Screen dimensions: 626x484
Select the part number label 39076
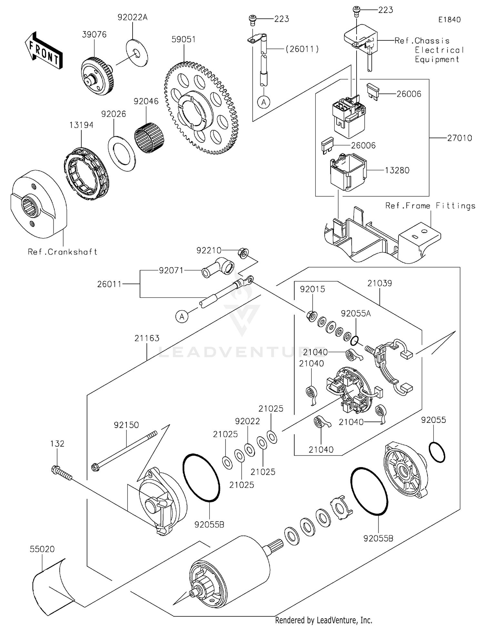point(94,35)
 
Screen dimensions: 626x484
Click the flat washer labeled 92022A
point(137,53)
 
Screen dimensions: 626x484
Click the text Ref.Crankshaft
point(63,252)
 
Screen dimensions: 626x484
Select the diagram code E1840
point(449,20)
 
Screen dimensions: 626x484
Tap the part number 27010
point(459,138)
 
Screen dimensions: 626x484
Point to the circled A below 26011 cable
point(182,317)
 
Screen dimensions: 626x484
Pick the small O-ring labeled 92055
point(437,452)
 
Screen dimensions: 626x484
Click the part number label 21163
point(147,338)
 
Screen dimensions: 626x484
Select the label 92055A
point(356,313)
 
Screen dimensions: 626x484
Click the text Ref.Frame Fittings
point(430,206)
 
